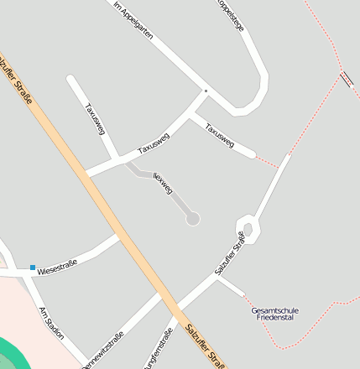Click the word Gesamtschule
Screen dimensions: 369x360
[274, 311]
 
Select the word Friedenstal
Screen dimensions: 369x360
[274, 320]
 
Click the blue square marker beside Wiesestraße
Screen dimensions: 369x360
[33, 268]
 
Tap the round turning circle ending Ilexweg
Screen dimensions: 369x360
[193, 219]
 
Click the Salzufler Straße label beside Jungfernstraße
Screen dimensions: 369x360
[206, 344]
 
